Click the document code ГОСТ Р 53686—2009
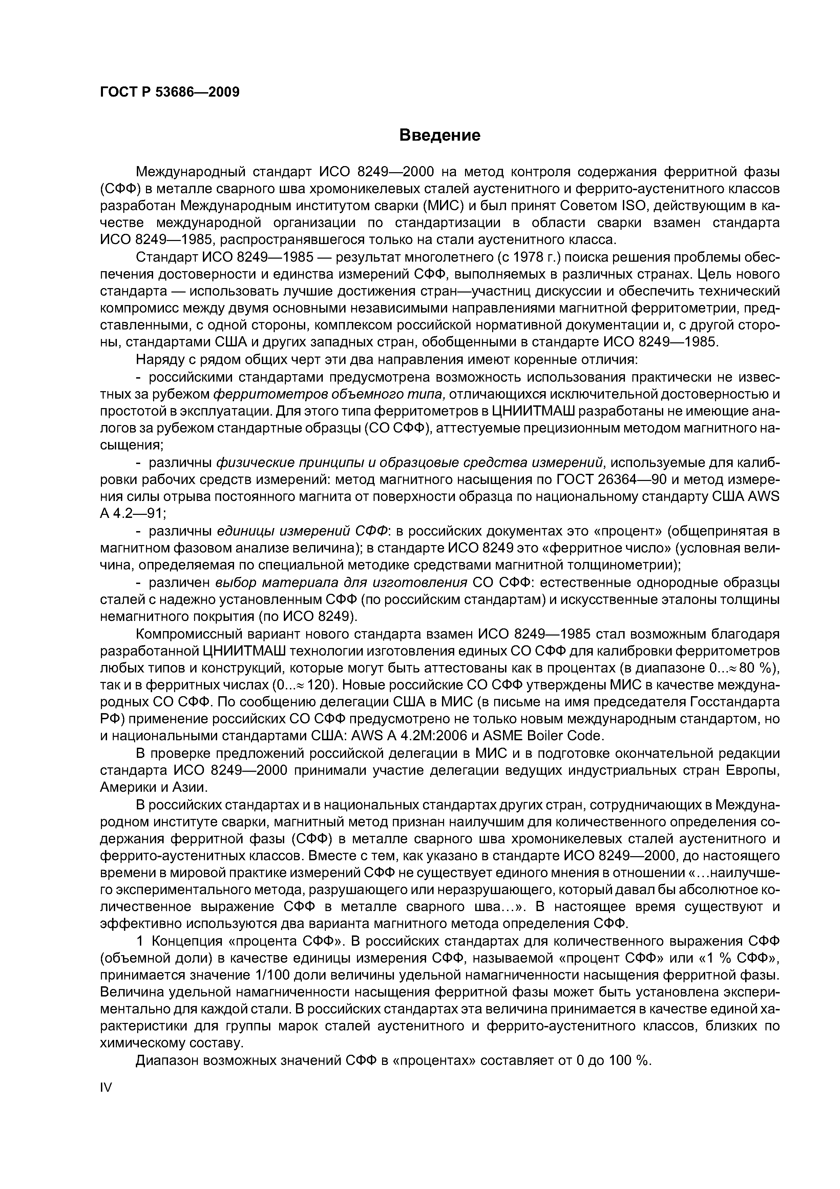170,92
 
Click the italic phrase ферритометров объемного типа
329,395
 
